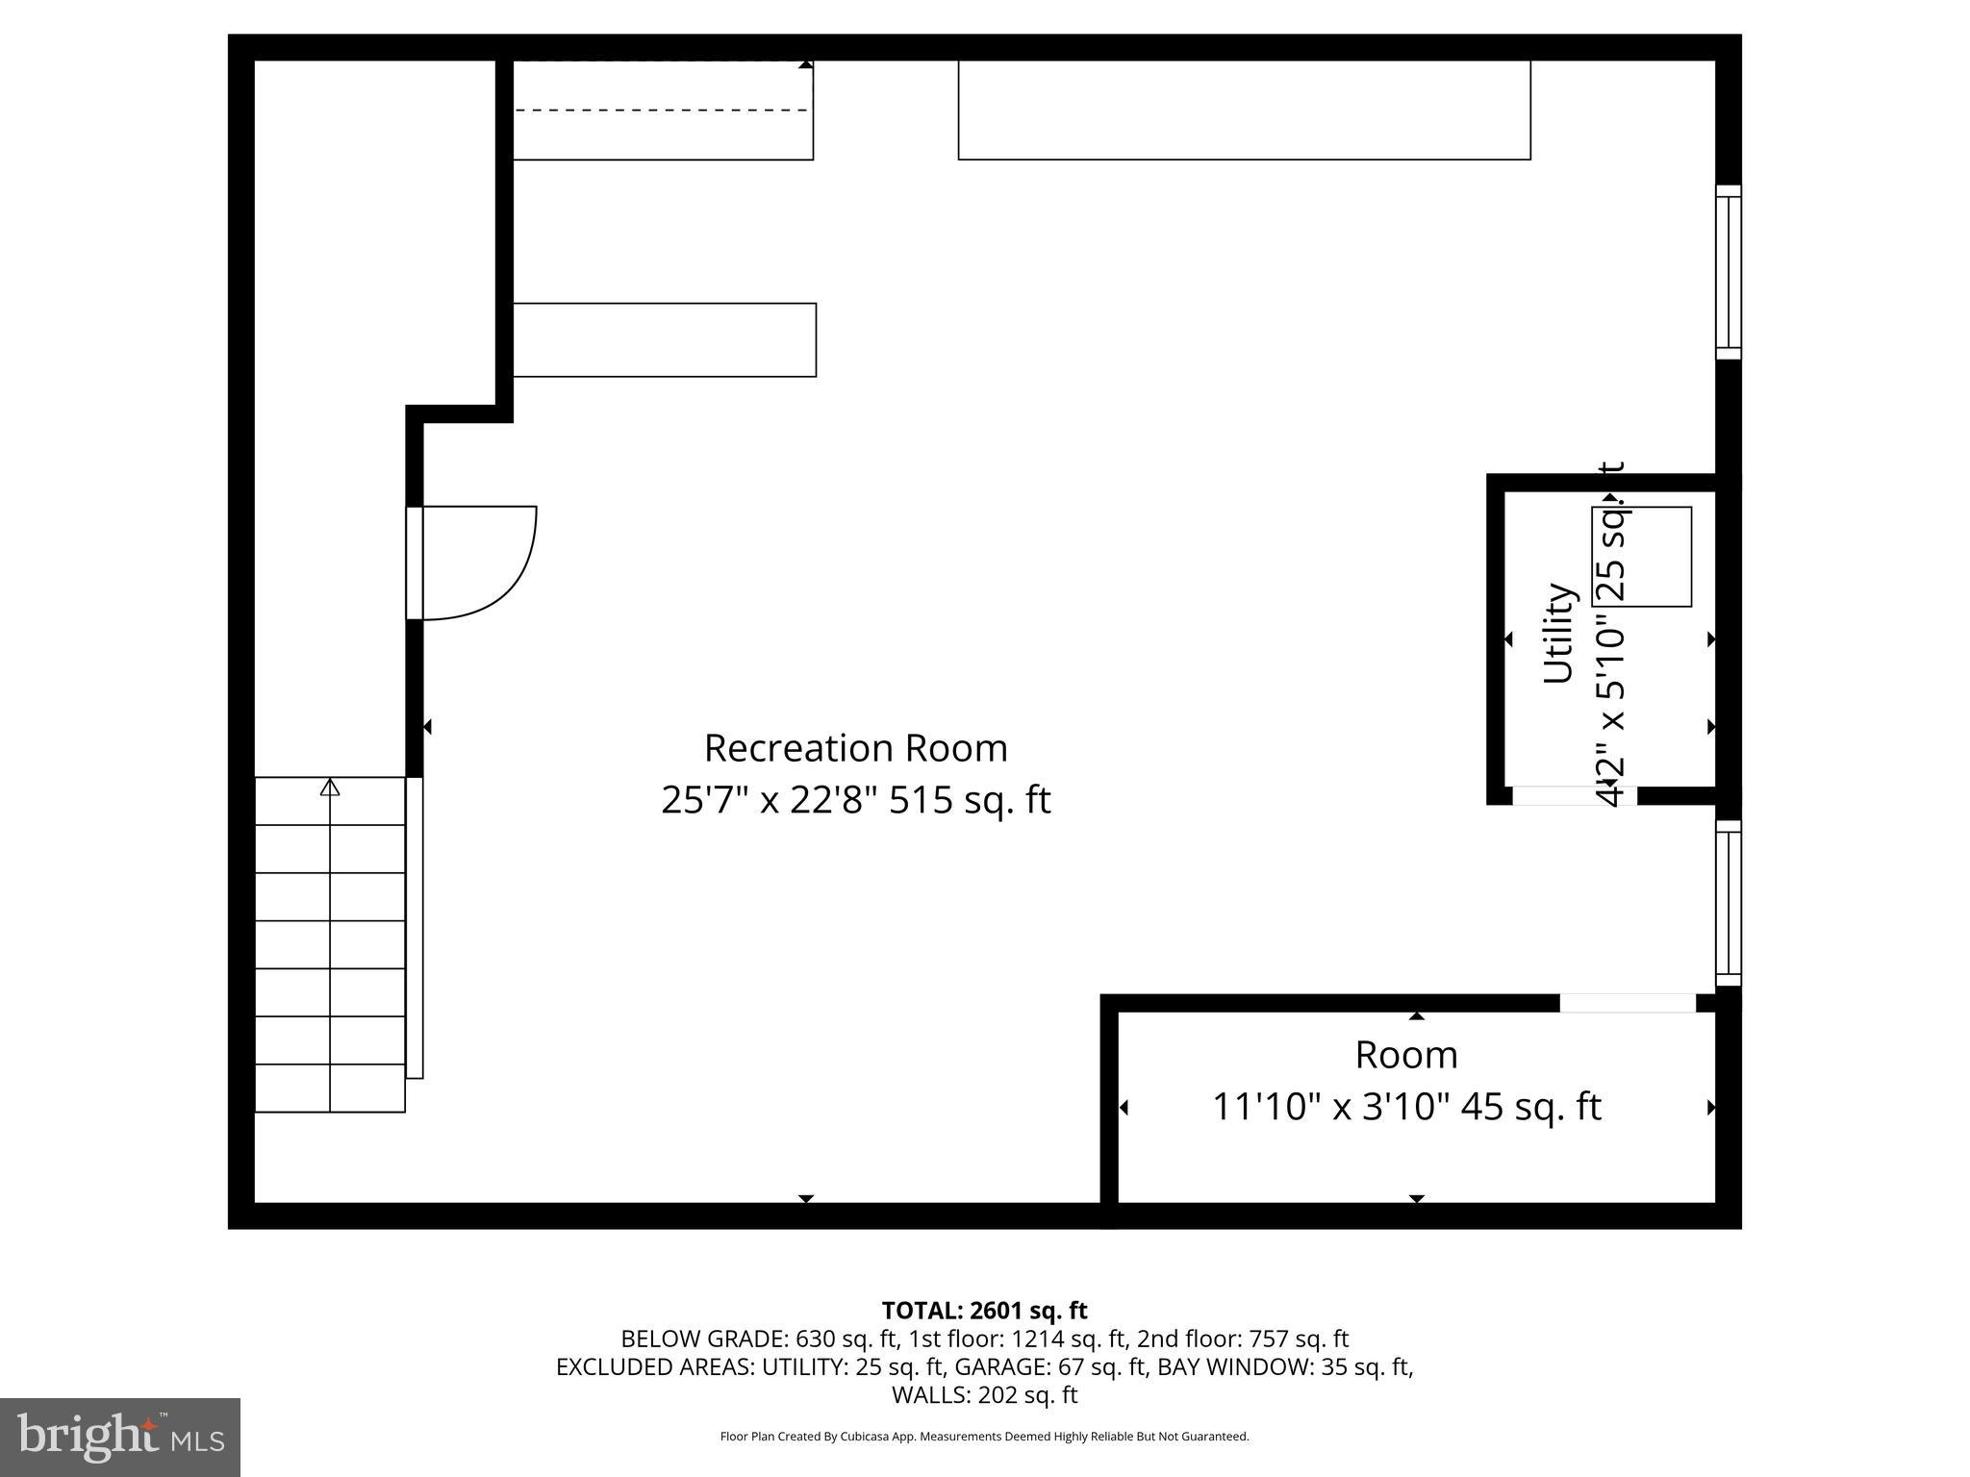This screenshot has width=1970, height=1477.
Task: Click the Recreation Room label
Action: pyautogui.click(x=855, y=748)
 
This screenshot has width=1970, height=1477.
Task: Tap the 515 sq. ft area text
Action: pyautogui.click(x=970, y=800)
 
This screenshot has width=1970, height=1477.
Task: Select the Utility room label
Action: pyautogui.click(x=1558, y=634)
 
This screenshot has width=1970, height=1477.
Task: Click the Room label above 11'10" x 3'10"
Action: pyautogui.click(x=1406, y=1055)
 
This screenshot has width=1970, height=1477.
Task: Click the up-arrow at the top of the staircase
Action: pyautogui.click(x=330, y=788)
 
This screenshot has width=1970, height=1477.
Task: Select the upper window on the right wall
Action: pyautogui.click(x=1729, y=272)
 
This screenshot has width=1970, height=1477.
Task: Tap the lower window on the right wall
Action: pyautogui.click(x=1729, y=903)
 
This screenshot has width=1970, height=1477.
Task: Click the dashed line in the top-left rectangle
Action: pyautogui.click(x=662, y=111)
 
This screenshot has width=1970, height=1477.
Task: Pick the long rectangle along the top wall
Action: pyautogui.click(x=1244, y=110)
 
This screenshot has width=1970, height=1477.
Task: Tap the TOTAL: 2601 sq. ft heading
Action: pyautogui.click(x=984, y=1310)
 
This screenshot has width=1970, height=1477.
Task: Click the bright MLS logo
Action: pyautogui.click(x=120, y=1438)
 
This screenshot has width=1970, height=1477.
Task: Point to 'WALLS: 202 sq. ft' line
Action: pyautogui.click(x=984, y=1394)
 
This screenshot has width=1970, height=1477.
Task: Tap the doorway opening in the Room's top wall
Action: pyautogui.click(x=1627, y=1003)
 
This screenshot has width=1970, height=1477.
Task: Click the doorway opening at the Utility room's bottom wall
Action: pyautogui.click(x=1575, y=795)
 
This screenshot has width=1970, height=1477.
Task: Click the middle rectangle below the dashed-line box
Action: pyautogui.click(x=665, y=340)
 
